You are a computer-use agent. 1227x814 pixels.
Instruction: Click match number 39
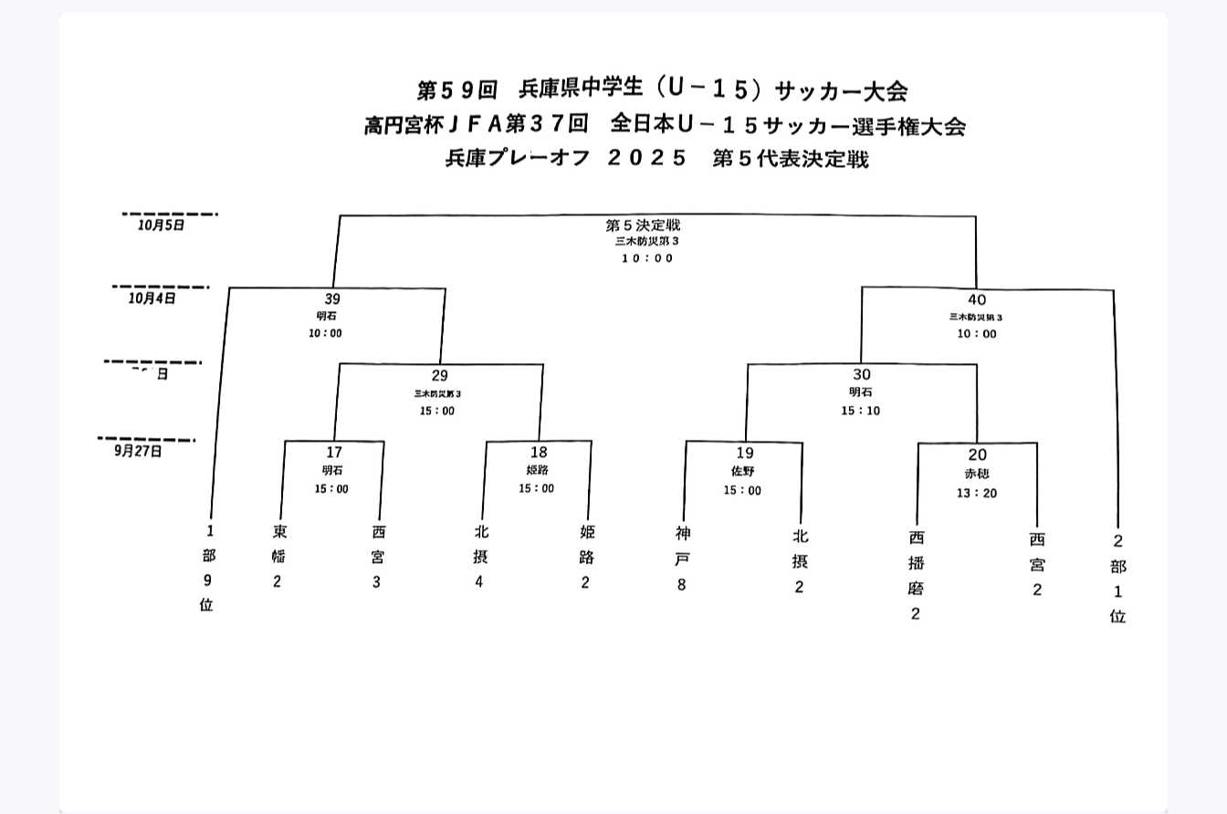(x=332, y=299)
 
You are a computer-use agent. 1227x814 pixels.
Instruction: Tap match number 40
(x=977, y=299)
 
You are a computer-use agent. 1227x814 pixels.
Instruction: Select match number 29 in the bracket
(x=440, y=375)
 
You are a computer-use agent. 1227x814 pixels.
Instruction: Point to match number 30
(x=862, y=375)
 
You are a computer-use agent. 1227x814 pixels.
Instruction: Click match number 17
(x=334, y=452)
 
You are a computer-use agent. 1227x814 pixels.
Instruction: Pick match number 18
(x=539, y=453)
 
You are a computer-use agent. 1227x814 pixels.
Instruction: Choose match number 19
(x=745, y=453)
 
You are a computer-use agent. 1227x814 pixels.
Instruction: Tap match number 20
(x=978, y=454)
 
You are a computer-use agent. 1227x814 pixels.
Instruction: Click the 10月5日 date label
(x=162, y=224)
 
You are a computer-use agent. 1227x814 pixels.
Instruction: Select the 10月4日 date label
(x=152, y=297)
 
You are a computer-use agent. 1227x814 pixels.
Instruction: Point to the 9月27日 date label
(x=139, y=451)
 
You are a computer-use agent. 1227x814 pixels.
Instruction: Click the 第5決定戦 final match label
(x=643, y=225)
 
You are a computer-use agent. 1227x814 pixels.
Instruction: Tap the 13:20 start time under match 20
(x=977, y=494)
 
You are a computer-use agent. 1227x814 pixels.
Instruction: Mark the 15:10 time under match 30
(x=861, y=411)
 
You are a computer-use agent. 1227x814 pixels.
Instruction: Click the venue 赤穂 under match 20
(x=977, y=475)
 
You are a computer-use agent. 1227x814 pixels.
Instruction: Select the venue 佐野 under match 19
(x=743, y=472)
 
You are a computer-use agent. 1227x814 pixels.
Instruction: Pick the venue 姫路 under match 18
(x=537, y=470)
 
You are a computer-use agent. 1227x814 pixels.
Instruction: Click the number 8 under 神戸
(x=681, y=585)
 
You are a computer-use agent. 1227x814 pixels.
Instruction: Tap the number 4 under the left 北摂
(x=479, y=582)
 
